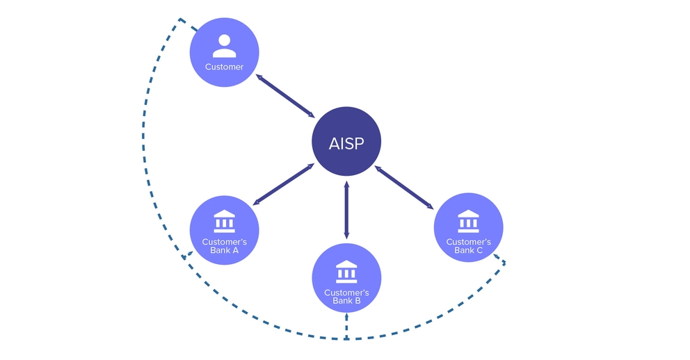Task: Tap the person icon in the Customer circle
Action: [224, 46]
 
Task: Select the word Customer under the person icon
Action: [224, 67]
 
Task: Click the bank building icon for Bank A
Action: [224, 221]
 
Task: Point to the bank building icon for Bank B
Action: [346, 272]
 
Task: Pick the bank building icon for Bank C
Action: [468, 221]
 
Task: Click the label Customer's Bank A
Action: [224, 246]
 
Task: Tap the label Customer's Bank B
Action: [346, 297]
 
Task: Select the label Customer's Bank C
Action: [468, 246]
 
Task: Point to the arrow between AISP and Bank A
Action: [284, 184]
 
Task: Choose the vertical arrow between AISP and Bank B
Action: [346, 210]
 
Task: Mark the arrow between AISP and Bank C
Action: [404, 188]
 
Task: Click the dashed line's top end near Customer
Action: [181, 19]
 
